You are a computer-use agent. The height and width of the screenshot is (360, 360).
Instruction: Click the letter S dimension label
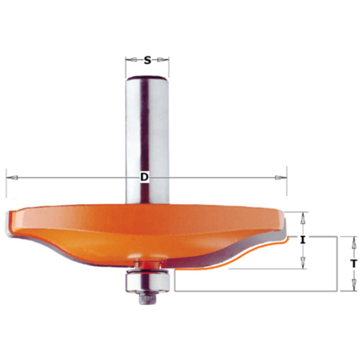[147, 60]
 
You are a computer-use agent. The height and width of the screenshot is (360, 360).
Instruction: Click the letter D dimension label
[144, 177]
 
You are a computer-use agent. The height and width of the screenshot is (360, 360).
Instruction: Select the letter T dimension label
[354, 264]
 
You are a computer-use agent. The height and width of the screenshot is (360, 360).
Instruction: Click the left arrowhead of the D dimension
[12, 177]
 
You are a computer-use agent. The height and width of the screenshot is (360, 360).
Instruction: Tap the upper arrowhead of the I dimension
[303, 217]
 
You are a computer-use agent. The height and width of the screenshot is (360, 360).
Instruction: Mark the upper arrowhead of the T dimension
[354, 242]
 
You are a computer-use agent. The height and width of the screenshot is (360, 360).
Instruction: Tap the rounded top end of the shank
[147, 77]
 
